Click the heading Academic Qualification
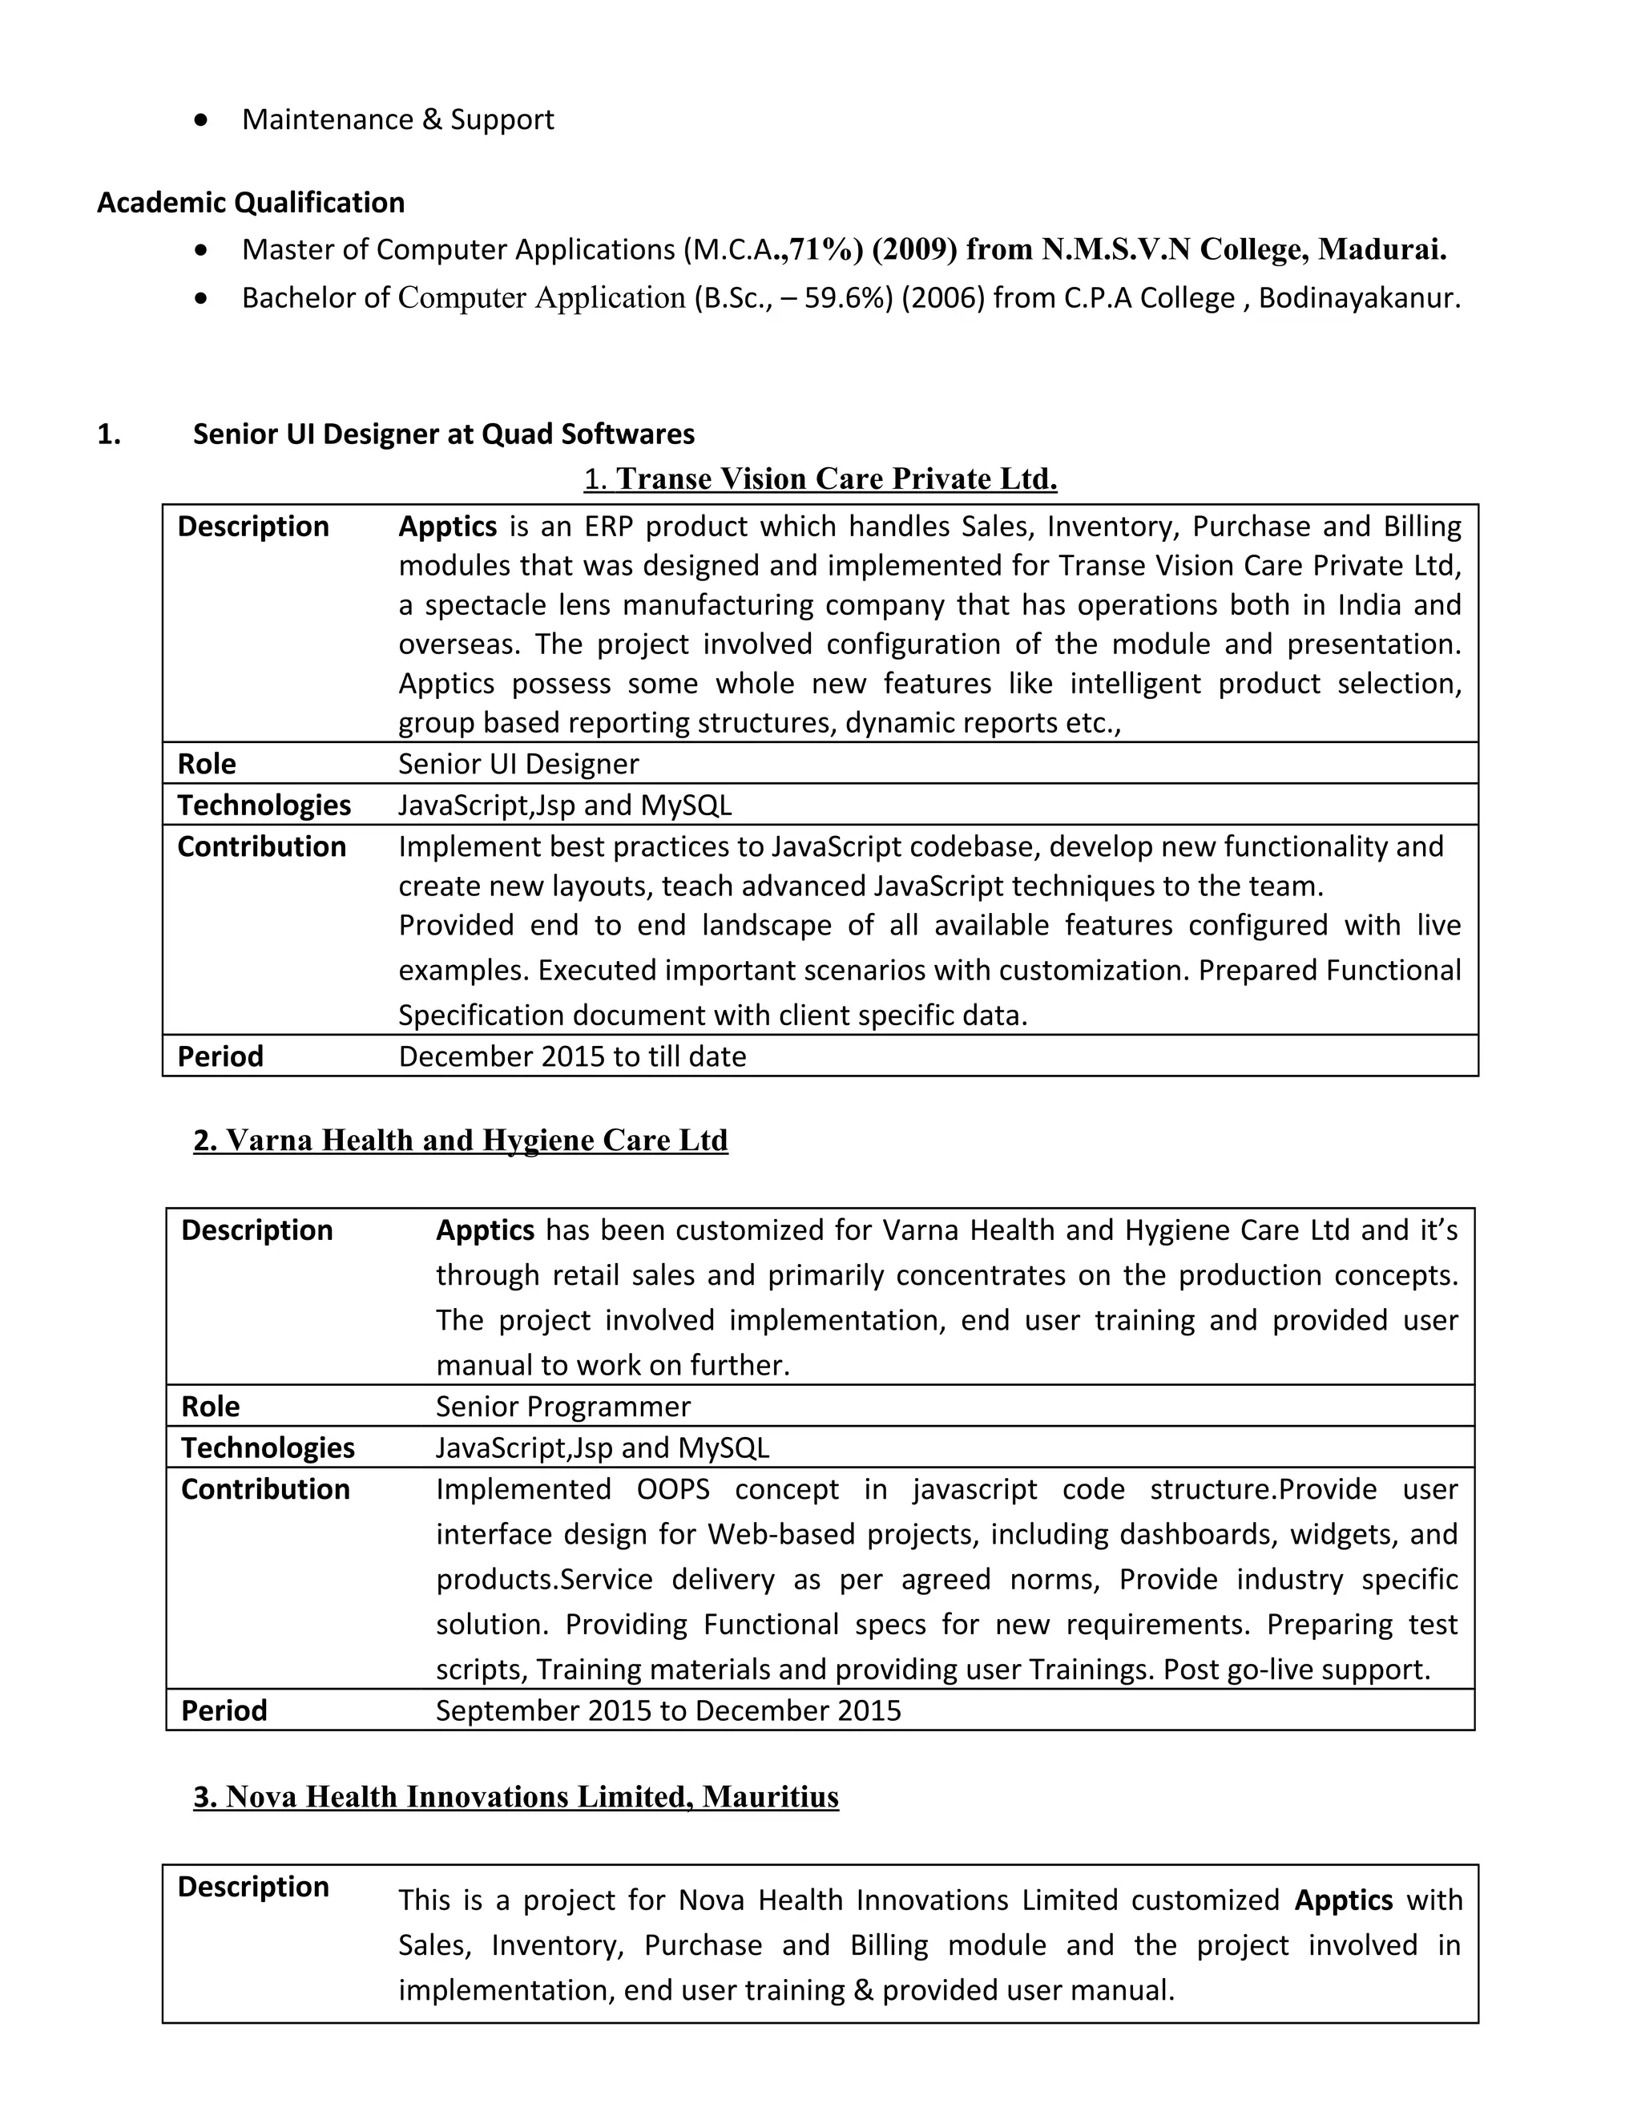click(251, 202)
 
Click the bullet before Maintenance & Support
click(201, 119)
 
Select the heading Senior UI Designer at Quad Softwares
click(443, 434)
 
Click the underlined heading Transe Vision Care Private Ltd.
click(835, 479)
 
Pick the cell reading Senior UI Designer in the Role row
click(518, 763)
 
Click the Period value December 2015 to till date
click(571, 1056)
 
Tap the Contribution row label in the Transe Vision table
click(261, 846)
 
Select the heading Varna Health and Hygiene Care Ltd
click(461, 1140)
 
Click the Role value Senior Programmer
click(562, 1407)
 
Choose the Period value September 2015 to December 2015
click(668, 1710)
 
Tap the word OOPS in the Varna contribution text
click(673, 1490)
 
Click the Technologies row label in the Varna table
click(268, 1448)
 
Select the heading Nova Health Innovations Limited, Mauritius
click(516, 1796)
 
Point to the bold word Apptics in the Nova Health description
click(1343, 1900)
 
